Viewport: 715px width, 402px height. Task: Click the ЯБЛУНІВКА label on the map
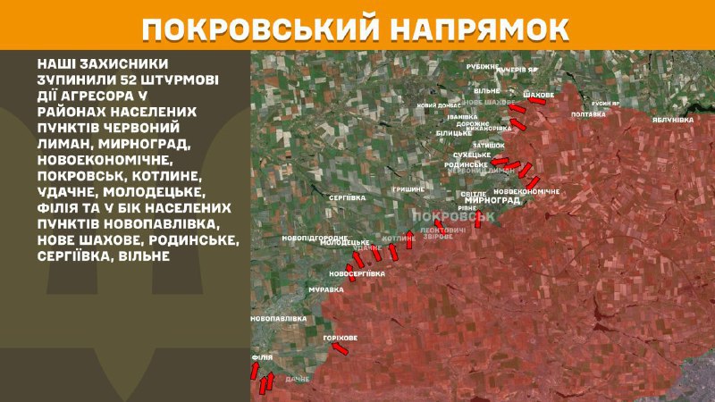point(673,119)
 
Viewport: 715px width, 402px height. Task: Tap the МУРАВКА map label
point(326,290)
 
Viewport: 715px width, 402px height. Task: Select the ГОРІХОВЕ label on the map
point(341,338)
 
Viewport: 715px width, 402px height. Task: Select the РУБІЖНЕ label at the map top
point(484,67)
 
